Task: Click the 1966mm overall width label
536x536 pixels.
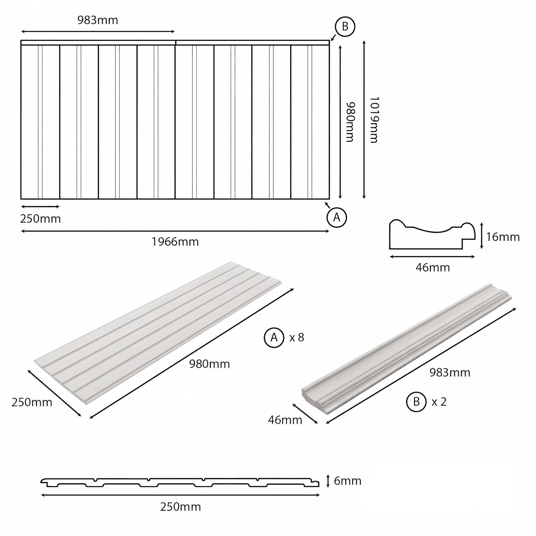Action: [175, 242]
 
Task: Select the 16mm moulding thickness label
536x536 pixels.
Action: [503, 237]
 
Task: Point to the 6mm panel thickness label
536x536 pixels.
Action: [348, 481]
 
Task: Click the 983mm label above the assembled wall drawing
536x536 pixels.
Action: [98, 20]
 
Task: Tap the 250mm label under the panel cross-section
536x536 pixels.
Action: [181, 507]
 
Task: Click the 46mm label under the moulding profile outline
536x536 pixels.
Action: [432, 268]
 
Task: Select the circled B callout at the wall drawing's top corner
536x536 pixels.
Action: [345, 26]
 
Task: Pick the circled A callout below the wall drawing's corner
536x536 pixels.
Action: [337, 218]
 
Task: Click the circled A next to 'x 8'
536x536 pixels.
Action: [274, 337]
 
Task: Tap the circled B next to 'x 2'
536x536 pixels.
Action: [416, 402]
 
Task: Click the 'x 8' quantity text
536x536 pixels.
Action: [296, 337]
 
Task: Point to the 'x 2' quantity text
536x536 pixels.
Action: [439, 402]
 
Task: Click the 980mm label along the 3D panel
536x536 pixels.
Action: [209, 364]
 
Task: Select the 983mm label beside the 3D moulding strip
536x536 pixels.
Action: [450, 373]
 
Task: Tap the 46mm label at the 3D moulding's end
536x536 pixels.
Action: [285, 420]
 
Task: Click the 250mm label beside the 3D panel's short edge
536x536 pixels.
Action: [32, 402]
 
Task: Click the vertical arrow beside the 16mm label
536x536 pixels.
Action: [481, 236]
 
